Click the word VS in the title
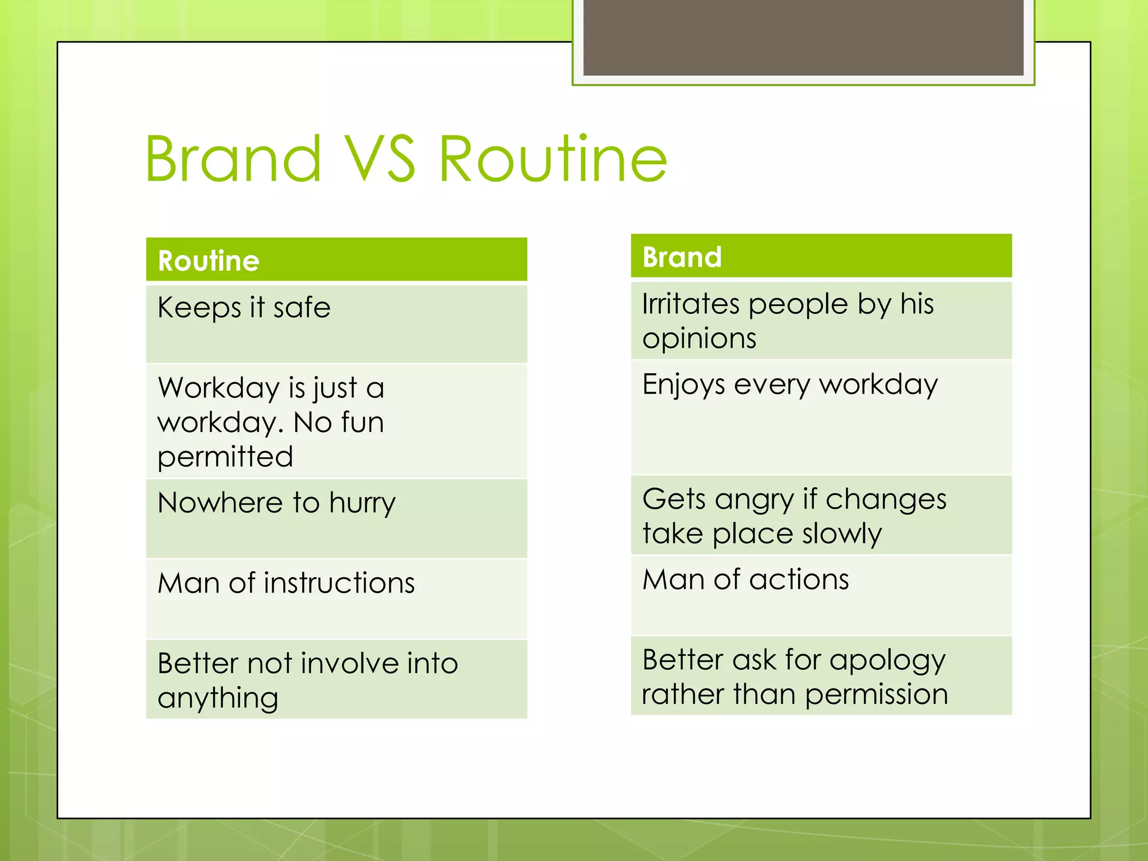pyautogui.click(x=379, y=159)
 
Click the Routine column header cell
pyautogui.click(x=336, y=260)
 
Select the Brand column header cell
pyautogui.click(x=821, y=257)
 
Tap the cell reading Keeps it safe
pyautogui.click(x=336, y=324)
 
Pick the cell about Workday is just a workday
pyautogui.click(x=336, y=421)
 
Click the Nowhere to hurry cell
pyautogui.click(x=336, y=518)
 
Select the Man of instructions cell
pyautogui.click(x=336, y=598)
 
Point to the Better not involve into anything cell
pyautogui.click(x=336, y=679)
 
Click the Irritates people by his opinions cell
pyautogui.click(x=821, y=320)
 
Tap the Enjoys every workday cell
pyautogui.click(x=821, y=417)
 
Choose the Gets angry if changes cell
pyautogui.click(x=821, y=515)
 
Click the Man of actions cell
pyautogui.click(x=821, y=595)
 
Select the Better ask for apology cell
pyautogui.click(x=821, y=675)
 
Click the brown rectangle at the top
pyautogui.click(x=803, y=37)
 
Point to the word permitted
pyautogui.click(x=225, y=457)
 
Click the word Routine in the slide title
pyautogui.click(x=553, y=159)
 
